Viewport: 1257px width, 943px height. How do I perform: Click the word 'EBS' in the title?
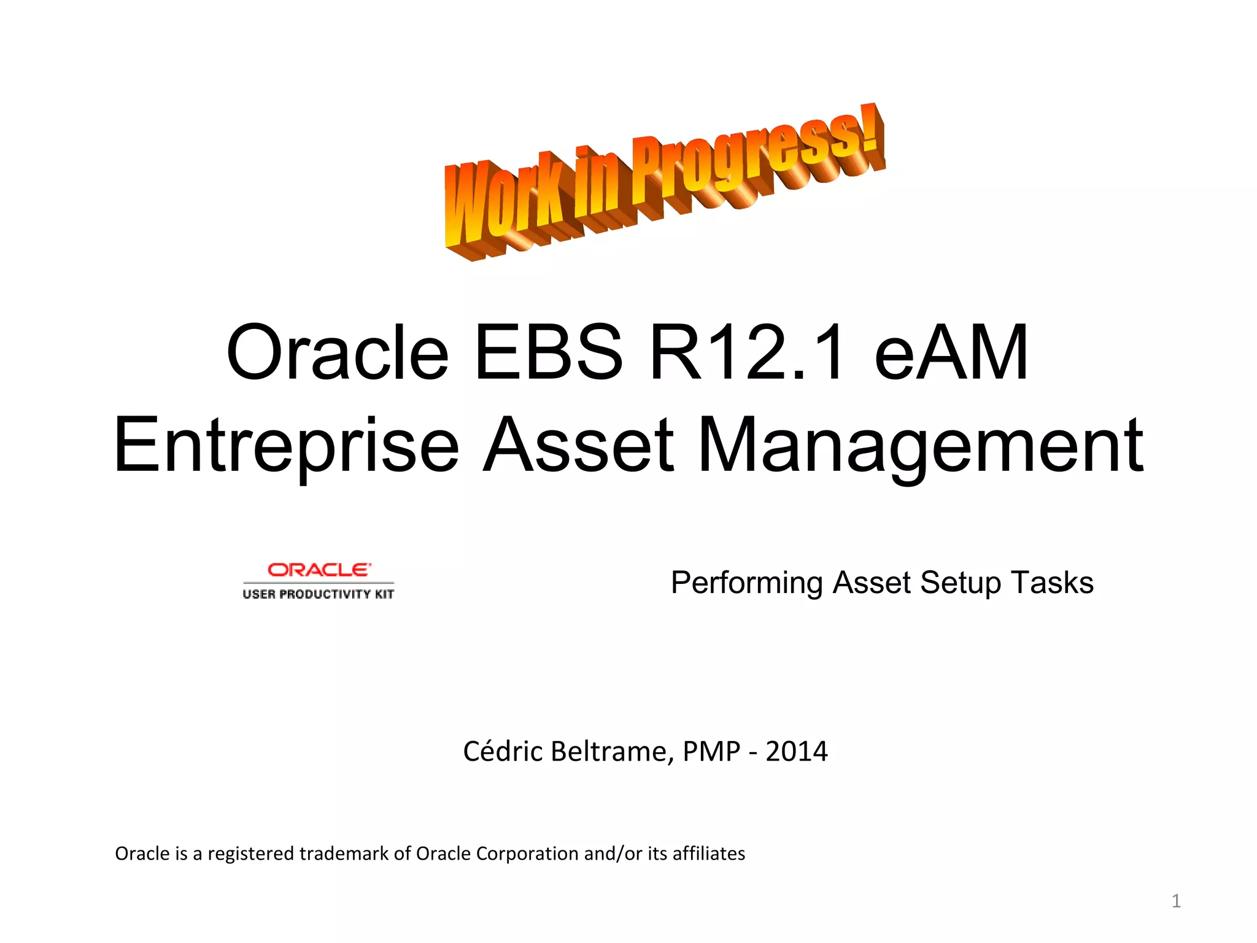pyautogui.click(x=548, y=353)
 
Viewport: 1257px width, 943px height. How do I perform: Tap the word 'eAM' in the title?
pyautogui.click(x=951, y=353)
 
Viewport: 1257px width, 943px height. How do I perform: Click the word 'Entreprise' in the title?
pyautogui.click(x=286, y=444)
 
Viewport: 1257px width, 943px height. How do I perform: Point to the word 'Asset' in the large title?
pyautogui.click(x=578, y=444)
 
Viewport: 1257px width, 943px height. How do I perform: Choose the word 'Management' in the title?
pyautogui.click(x=920, y=444)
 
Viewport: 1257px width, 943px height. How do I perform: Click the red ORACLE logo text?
pyautogui.click(x=319, y=570)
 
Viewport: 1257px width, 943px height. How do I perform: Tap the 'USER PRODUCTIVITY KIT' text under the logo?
pyautogui.click(x=318, y=594)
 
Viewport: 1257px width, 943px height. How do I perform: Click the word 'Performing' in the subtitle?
pyautogui.click(x=746, y=583)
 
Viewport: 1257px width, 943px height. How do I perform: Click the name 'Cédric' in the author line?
pyautogui.click(x=502, y=751)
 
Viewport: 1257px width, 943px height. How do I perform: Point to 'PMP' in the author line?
pyautogui.click(x=711, y=751)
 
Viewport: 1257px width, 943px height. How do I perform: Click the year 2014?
pyautogui.click(x=797, y=751)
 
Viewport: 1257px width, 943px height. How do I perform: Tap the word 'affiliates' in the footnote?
pyautogui.click(x=708, y=853)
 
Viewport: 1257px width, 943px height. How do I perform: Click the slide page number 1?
pyautogui.click(x=1176, y=901)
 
